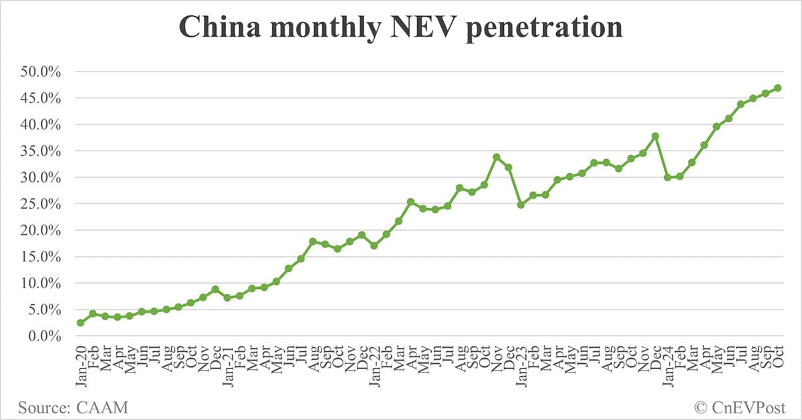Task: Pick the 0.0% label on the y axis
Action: (x=45, y=336)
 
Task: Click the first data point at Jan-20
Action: (x=81, y=323)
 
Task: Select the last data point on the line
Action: (x=778, y=88)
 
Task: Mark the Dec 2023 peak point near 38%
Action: (x=655, y=136)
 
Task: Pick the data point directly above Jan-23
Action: (x=521, y=205)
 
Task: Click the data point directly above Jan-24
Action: (x=668, y=177)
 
